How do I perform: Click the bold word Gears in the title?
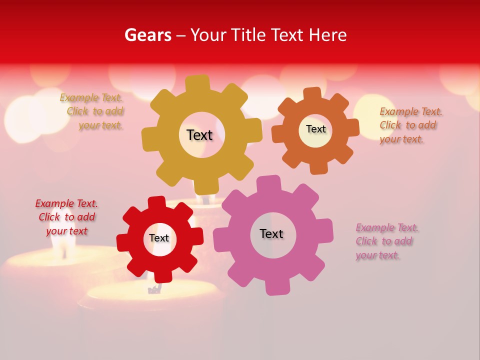coord(147,35)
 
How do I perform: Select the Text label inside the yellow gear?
coord(199,135)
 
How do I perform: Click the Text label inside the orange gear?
coord(315,129)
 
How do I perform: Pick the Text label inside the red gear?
coord(159,238)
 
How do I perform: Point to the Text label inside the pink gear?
coord(271,233)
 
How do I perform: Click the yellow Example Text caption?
coord(92,111)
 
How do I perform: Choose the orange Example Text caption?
coord(410,125)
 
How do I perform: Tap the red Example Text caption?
coord(66,217)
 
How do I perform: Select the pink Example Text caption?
coord(386,241)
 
